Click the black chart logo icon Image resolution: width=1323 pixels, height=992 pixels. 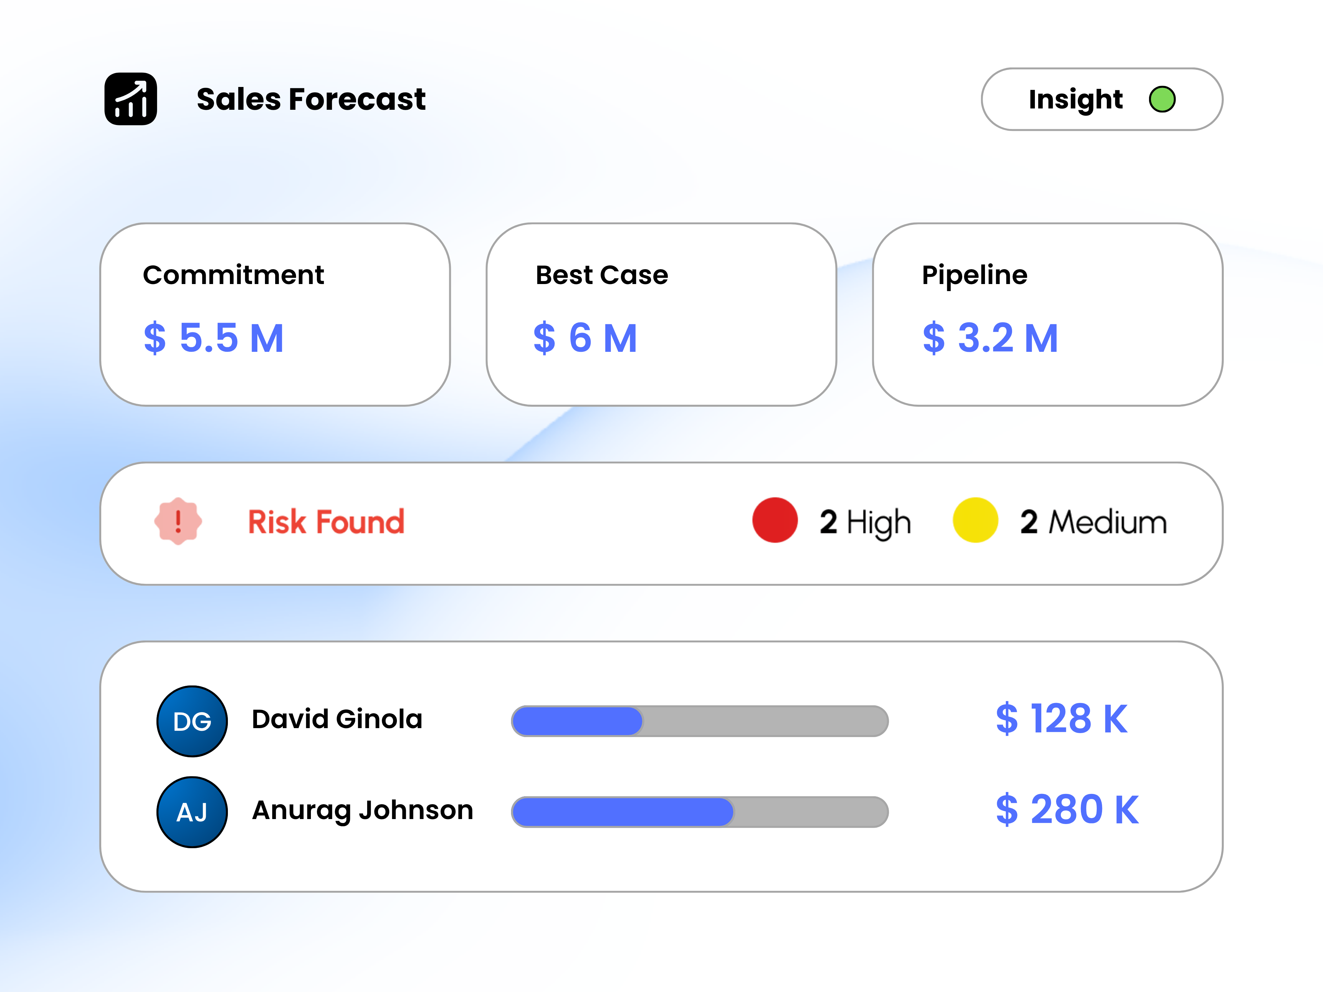pyautogui.click(x=130, y=99)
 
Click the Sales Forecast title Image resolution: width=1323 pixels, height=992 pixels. pyautogui.click(x=311, y=99)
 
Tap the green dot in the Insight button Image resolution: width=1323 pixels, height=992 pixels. pyautogui.click(x=1162, y=99)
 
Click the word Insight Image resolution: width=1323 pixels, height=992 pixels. pyautogui.click(x=1075, y=99)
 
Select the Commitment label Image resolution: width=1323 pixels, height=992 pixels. pyautogui.click(x=233, y=275)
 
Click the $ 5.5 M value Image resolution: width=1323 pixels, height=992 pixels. pyautogui.click(x=214, y=338)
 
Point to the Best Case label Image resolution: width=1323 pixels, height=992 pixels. pyautogui.click(x=601, y=275)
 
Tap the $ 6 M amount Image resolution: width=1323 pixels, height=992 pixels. pyautogui.click(x=585, y=338)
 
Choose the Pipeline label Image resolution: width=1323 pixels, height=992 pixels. pyautogui.click(x=974, y=275)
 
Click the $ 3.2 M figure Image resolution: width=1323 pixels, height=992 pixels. pyautogui.click(x=990, y=338)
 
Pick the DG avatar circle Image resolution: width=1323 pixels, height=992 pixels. pyautogui.click(x=192, y=721)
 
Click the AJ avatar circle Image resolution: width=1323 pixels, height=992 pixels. pyautogui.click(x=192, y=812)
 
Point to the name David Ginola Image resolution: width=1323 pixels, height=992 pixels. pyautogui.click(x=337, y=719)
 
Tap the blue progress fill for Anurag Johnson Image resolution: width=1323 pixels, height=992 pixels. pyautogui.click(x=622, y=812)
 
